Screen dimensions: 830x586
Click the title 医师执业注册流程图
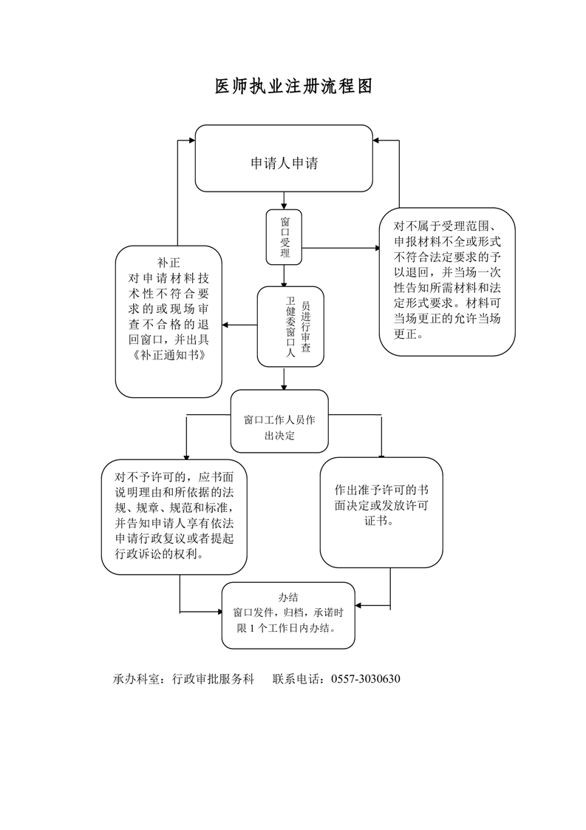[x=293, y=87]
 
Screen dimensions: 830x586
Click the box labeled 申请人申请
[x=284, y=163]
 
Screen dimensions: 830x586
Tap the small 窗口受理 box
[x=285, y=237]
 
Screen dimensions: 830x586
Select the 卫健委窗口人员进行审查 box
[x=290, y=326]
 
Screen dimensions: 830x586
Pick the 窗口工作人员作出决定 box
[x=279, y=428]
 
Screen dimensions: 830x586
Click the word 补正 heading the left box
[x=169, y=262]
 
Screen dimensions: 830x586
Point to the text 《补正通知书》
[x=168, y=354]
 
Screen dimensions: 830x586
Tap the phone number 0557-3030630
[x=367, y=678]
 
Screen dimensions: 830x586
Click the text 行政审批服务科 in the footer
[x=213, y=678]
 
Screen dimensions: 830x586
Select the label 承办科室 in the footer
[x=137, y=678]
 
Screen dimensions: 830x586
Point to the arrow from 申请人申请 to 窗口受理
[x=285, y=200]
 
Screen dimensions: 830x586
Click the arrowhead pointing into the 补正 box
[x=227, y=325]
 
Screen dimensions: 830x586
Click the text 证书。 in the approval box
[x=381, y=521]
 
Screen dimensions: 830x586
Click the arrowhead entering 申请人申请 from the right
[x=377, y=141]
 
